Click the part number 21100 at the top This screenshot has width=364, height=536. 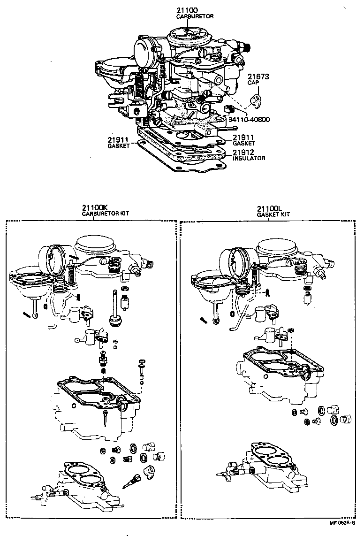pyautogui.click(x=188, y=10)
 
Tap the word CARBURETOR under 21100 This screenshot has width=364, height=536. pyautogui.click(x=195, y=16)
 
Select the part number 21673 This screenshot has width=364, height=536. pyautogui.click(x=258, y=77)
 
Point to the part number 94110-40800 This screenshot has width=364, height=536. pyautogui.click(x=249, y=119)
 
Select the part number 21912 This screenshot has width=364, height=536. pyautogui.click(x=243, y=153)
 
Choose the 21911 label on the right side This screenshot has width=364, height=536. pyautogui.click(x=243, y=137)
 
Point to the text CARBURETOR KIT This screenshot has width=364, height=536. pyautogui.click(x=106, y=214)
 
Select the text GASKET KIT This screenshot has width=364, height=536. pyautogui.click(x=273, y=214)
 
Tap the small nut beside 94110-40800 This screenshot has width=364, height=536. pyautogui.click(x=230, y=110)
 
